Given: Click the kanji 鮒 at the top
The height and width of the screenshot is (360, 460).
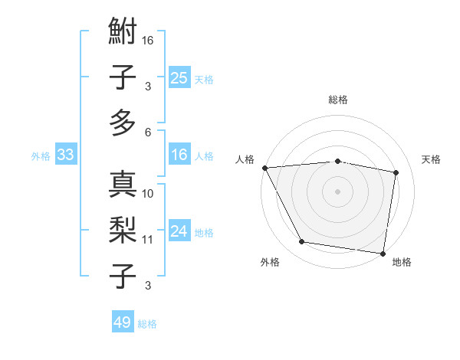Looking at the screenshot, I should tap(123, 34).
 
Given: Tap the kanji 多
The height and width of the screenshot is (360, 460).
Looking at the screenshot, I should tap(123, 122).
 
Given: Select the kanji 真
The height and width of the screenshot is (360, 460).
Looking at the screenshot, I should tap(123, 185).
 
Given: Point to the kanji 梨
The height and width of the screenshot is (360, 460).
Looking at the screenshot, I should tap(123, 230).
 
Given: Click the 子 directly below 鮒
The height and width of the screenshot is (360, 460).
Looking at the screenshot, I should tap(123, 77).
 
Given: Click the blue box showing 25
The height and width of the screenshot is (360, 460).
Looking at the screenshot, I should tap(179, 77).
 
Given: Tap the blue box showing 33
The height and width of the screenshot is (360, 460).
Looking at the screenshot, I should tap(65, 155).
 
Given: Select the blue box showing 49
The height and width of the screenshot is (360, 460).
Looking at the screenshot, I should tap(123, 322).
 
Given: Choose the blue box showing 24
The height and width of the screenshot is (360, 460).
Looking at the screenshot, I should tap(179, 231).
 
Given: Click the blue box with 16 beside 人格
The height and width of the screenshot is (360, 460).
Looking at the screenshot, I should tap(179, 155).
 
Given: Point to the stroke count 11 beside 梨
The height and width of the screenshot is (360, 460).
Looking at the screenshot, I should tap(148, 240).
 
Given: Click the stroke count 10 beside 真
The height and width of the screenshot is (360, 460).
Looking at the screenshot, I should tap(148, 194).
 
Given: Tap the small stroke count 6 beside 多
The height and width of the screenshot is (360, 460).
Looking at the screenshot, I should tap(148, 132).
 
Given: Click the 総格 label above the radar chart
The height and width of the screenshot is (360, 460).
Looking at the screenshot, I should tap(338, 100).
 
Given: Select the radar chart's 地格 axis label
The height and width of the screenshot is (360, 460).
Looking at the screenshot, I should tap(402, 262).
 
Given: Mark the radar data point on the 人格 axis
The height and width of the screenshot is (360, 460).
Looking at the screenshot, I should tap(264, 168).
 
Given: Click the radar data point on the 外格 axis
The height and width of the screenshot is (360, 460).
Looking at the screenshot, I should tap(302, 242).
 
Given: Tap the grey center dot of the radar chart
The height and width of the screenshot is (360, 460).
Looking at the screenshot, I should tap(338, 191).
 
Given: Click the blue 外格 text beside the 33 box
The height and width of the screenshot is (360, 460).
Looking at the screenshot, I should tap(41, 156).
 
